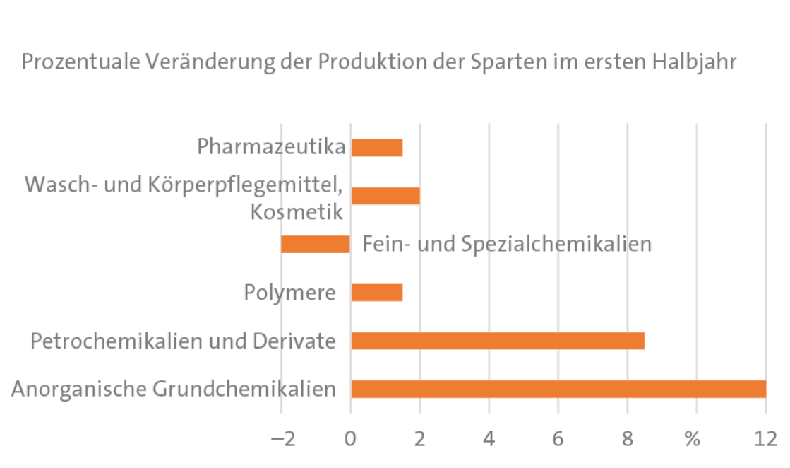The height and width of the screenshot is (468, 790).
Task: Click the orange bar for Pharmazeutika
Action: coord(376,147)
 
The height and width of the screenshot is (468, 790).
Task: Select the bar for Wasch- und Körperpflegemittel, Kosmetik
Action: coord(385,196)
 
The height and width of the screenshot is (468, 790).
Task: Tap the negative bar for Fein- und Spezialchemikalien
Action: coord(316,244)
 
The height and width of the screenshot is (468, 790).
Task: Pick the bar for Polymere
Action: coord(376,292)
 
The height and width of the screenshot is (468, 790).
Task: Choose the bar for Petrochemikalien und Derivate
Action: coord(498,341)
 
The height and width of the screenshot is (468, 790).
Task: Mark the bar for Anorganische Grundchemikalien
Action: coord(558,389)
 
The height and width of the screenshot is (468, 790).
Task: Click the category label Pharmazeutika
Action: coord(272,147)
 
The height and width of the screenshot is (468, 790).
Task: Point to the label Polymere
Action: coord(289,292)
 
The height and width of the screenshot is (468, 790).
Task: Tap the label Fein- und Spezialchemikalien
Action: coord(506,245)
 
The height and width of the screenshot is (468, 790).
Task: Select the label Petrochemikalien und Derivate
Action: coord(183,341)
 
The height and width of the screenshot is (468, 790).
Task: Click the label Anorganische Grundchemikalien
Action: coord(174,389)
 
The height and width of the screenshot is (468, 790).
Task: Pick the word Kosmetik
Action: coord(297,211)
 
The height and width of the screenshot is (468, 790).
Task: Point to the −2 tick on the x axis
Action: coord(282,439)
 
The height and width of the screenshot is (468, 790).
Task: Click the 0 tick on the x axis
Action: coord(351,439)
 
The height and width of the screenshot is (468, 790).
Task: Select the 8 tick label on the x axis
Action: coord(628,439)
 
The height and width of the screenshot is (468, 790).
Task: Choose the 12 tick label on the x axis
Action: coord(765,439)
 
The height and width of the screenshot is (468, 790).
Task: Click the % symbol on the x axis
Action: coord(693,439)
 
